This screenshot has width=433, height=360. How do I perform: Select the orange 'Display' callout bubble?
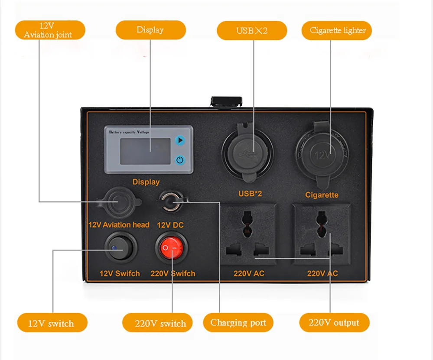[x=150, y=30]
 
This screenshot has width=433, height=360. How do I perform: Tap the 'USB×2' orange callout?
[x=251, y=30]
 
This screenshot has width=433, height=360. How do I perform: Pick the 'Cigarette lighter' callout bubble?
[x=337, y=30]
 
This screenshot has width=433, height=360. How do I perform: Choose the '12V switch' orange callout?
[x=52, y=323]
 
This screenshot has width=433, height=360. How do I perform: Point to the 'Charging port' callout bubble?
[x=238, y=322]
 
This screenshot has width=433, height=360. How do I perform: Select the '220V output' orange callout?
[x=334, y=322]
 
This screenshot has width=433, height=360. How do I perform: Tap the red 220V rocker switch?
[x=172, y=248]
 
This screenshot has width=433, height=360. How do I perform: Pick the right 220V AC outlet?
[x=322, y=234]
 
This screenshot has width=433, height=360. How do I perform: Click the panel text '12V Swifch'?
[x=120, y=273]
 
